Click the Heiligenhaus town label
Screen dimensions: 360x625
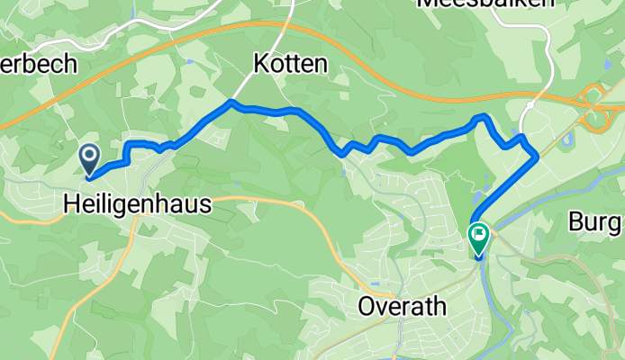(x=138, y=205)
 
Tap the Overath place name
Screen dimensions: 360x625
(x=402, y=306)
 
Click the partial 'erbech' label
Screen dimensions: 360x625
(x=40, y=65)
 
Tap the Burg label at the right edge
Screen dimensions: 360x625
(x=597, y=221)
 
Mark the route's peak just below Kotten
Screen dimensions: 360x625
(x=232, y=103)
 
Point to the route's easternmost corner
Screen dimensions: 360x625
(x=537, y=155)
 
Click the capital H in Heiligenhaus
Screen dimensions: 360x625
(x=72, y=205)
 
